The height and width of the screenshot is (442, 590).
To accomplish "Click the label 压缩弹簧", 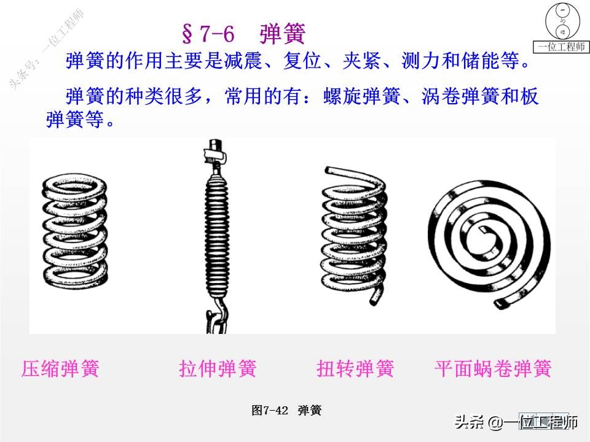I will pos(60,369).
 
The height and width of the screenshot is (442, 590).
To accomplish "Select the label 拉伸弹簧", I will pos(218,369).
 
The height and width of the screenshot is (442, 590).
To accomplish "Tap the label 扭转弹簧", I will pos(355,369).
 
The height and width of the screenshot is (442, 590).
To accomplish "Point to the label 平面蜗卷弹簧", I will pos(493,369).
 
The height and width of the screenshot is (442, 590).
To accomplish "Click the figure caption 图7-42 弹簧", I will pos(286,411).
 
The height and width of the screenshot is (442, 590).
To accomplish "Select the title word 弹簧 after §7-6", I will pos(282,34).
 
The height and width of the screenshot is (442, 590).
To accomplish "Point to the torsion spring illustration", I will pos(353,236).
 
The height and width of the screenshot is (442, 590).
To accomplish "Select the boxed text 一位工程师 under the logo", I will pos(562,47).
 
